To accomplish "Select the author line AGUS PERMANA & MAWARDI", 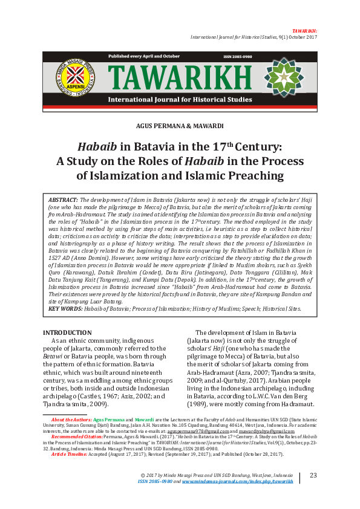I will click(180, 126).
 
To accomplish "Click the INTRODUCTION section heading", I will click(67, 332).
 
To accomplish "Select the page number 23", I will click(313, 476).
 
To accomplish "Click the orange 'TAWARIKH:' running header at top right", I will click(304, 30).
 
